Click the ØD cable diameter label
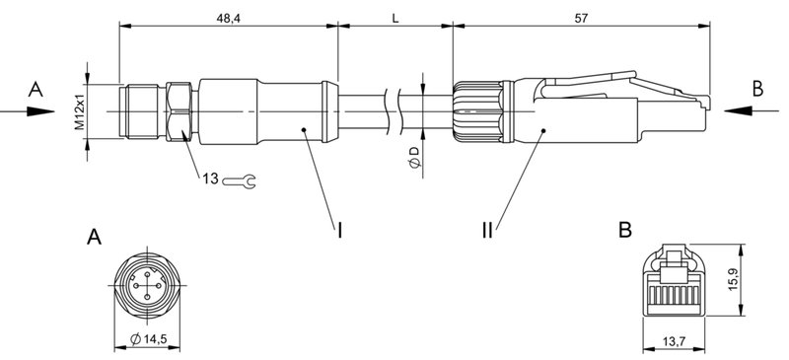coord(415,157)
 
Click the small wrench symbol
coord(240,180)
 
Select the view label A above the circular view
coord(94,237)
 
